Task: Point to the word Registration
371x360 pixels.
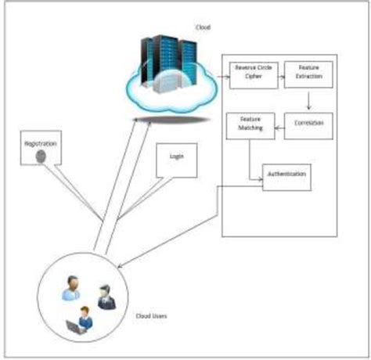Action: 41,145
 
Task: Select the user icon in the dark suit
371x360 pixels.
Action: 104,296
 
